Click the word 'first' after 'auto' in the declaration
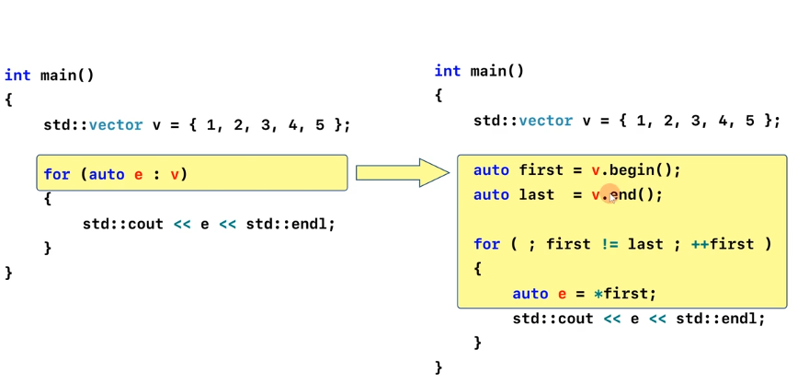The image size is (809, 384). (541, 170)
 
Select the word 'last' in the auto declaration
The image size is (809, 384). (536, 195)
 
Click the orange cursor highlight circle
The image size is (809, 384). (610, 195)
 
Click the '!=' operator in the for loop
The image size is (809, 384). (610, 244)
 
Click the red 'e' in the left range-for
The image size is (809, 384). (138, 174)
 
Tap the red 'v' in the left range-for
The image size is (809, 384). (174, 174)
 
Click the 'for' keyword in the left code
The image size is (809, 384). (56, 174)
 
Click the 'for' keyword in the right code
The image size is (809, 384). (486, 244)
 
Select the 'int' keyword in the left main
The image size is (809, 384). (17, 76)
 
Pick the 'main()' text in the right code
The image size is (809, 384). (497, 71)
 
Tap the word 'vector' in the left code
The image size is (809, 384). (116, 125)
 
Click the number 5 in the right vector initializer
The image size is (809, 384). (750, 121)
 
